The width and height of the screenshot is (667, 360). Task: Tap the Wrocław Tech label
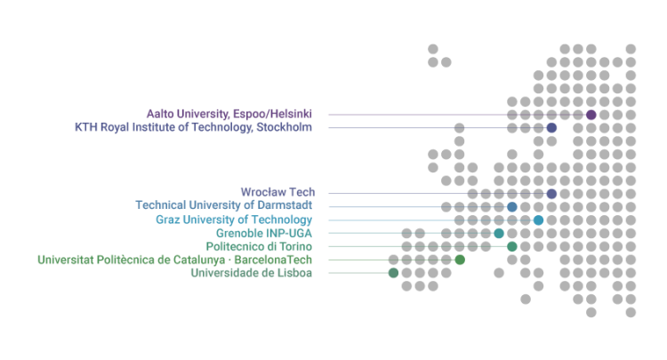click(x=277, y=193)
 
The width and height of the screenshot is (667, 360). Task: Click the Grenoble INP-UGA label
click(x=264, y=233)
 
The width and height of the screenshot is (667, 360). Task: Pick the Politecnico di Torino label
click(x=259, y=246)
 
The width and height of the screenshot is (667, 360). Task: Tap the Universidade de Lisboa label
click(x=252, y=273)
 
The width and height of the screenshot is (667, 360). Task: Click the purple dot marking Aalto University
click(x=591, y=115)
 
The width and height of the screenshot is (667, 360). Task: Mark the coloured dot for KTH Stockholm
click(x=551, y=128)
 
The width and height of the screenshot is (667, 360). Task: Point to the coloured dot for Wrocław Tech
click(x=551, y=193)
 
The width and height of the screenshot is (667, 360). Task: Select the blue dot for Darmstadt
click(x=512, y=206)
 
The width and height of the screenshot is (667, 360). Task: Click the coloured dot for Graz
click(x=538, y=220)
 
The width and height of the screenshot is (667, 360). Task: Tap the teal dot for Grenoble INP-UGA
click(x=499, y=233)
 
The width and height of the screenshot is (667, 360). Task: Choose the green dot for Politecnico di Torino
click(x=512, y=246)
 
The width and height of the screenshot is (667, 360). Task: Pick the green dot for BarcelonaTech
click(x=460, y=260)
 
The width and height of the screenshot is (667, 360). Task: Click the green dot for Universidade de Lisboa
click(x=393, y=273)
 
